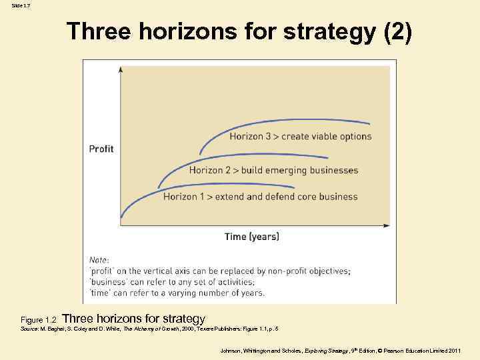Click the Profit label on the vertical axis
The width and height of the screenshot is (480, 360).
[x=101, y=149]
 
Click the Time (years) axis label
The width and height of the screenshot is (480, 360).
[x=252, y=237]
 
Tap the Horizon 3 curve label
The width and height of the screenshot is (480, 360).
[x=301, y=137]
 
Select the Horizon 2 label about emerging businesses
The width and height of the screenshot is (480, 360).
[x=273, y=170]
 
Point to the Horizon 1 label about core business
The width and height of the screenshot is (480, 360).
[x=261, y=197]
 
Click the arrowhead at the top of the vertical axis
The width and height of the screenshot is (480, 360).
[x=120, y=68]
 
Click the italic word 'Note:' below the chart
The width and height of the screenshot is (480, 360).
[x=99, y=260]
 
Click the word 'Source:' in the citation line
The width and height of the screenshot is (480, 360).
[x=30, y=329]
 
